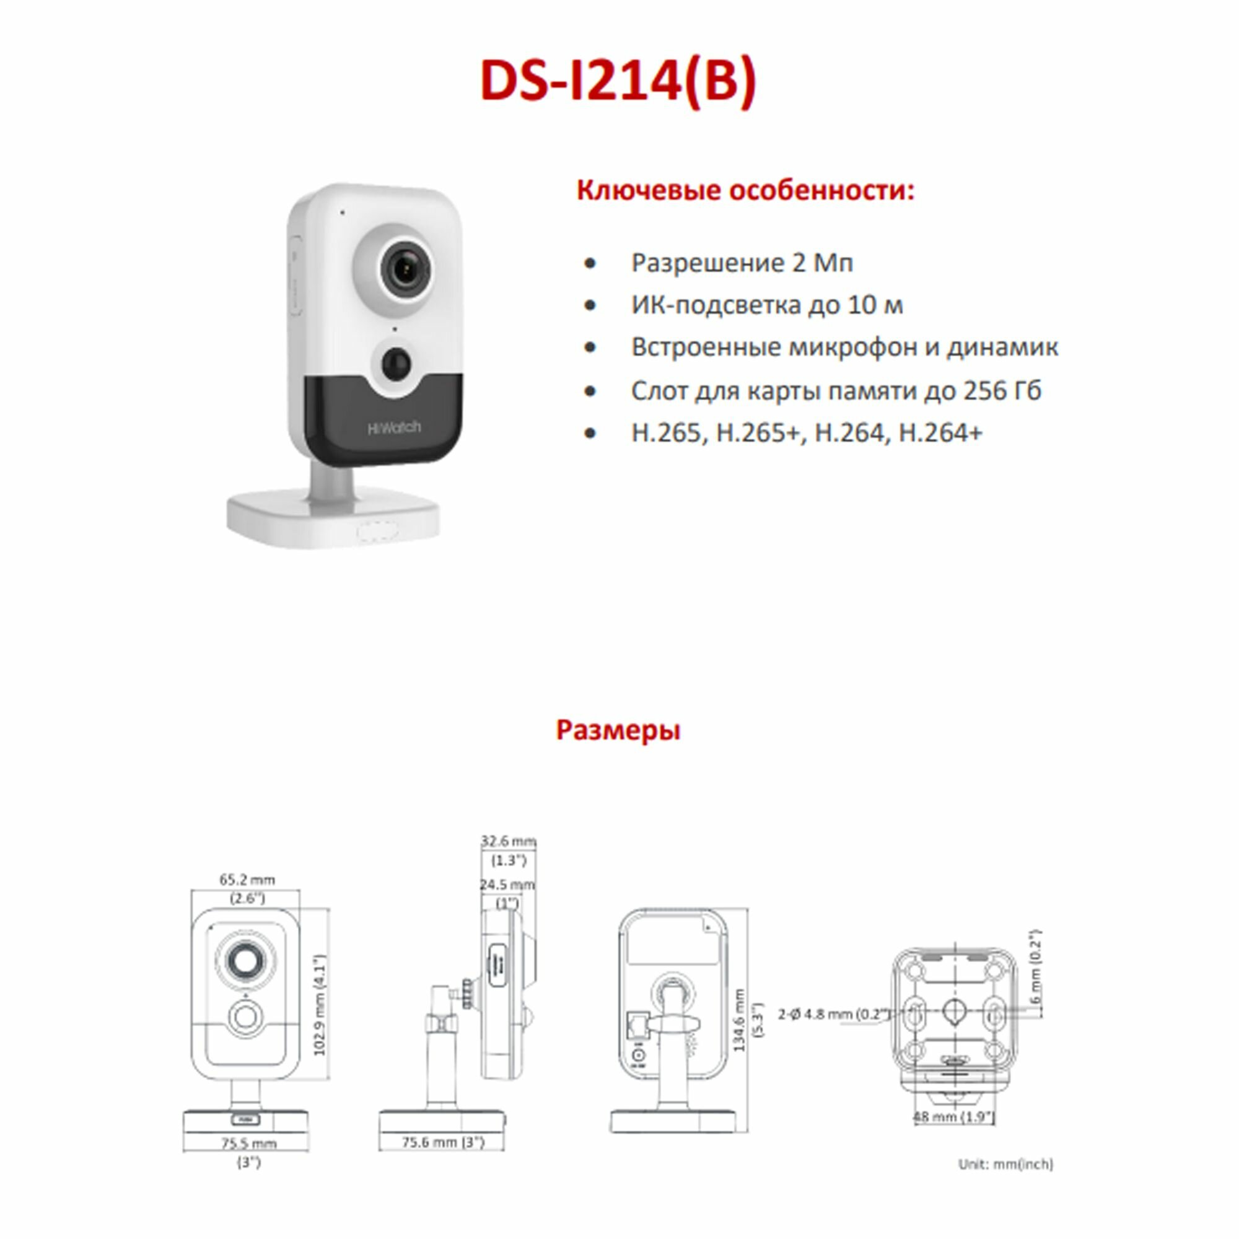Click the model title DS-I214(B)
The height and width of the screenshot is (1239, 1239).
[618, 81]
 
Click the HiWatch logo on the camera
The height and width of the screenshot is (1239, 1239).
[394, 427]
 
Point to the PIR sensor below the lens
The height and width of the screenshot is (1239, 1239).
[395, 364]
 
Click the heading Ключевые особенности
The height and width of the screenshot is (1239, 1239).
[745, 190]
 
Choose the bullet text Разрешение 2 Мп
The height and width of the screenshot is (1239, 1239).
[742, 263]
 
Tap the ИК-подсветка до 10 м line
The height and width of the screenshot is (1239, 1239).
[767, 305]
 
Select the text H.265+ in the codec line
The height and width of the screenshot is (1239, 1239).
[758, 433]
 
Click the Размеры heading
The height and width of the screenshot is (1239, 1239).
[618, 730]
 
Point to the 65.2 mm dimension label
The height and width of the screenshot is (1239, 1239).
[247, 879]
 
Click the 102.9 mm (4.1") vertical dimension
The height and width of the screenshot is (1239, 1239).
[320, 1004]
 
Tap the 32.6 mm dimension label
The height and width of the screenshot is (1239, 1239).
[509, 841]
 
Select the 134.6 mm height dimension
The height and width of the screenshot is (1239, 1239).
[740, 1020]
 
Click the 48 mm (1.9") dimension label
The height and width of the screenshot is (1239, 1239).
[953, 1116]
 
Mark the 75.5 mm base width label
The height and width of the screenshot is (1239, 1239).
[249, 1143]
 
